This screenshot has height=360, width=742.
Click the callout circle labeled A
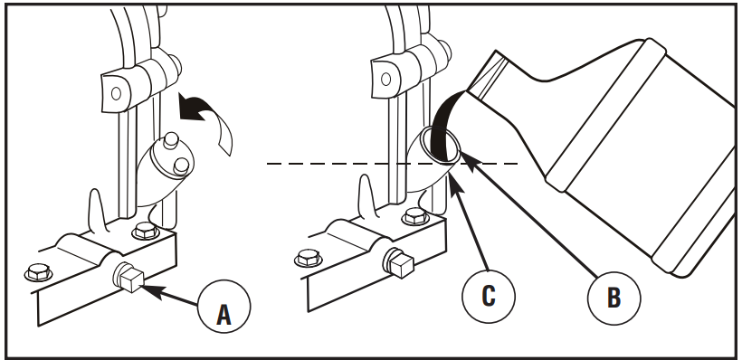click(x=224, y=306)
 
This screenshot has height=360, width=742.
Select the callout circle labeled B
click(x=614, y=298)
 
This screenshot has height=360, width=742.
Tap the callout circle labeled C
click(x=489, y=296)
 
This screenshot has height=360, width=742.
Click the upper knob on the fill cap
click(x=171, y=139)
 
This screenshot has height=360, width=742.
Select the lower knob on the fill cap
click(x=181, y=166)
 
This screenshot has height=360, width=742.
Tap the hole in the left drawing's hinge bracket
click(x=116, y=94)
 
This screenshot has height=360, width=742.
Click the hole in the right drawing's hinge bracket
click(x=385, y=79)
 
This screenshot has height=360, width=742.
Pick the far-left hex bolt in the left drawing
click(x=38, y=272)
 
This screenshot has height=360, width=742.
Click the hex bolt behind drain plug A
click(x=146, y=231)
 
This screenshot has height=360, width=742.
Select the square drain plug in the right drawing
click(x=398, y=262)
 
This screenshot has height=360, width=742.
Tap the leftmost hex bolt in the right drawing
click(x=309, y=258)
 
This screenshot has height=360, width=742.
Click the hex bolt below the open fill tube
click(x=415, y=216)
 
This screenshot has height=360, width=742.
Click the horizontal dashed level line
click(x=393, y=164)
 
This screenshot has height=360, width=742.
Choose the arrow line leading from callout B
click(x=528, y=213)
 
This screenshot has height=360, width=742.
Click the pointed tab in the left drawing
click(x=97, y=210)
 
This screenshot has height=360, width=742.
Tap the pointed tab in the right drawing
click(x=366, y=196)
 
